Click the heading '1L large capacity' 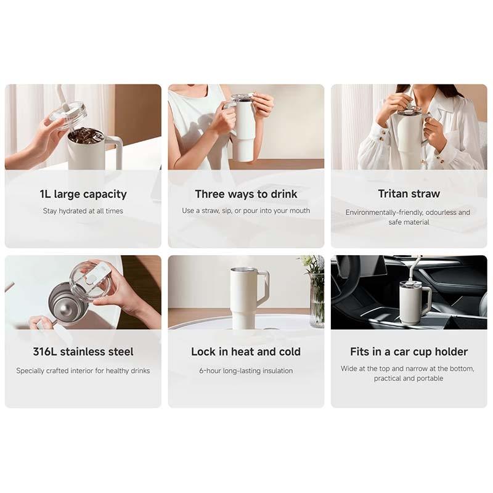(83, 194)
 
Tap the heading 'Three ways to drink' (246, 194)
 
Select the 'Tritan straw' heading (409, 194)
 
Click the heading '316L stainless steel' (83, 352)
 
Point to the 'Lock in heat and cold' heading (246, 352)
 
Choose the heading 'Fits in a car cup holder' (409, 352)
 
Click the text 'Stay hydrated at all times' (83, 211)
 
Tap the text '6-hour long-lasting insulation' (246, 370)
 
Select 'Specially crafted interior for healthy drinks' (83, 370)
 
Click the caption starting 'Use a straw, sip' (246, 211)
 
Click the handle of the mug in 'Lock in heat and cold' (264, 287)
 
